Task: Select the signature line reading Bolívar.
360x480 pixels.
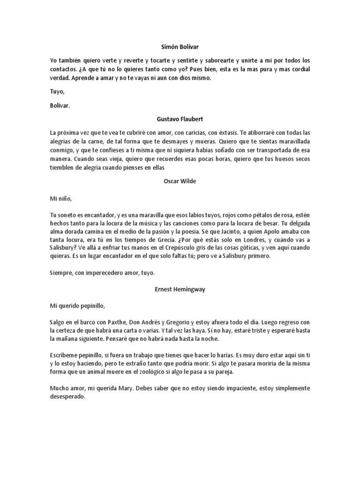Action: [x=60, y=105]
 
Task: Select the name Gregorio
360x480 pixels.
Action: [x=176, y=323]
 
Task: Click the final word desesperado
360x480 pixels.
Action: [x=67, y=397]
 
